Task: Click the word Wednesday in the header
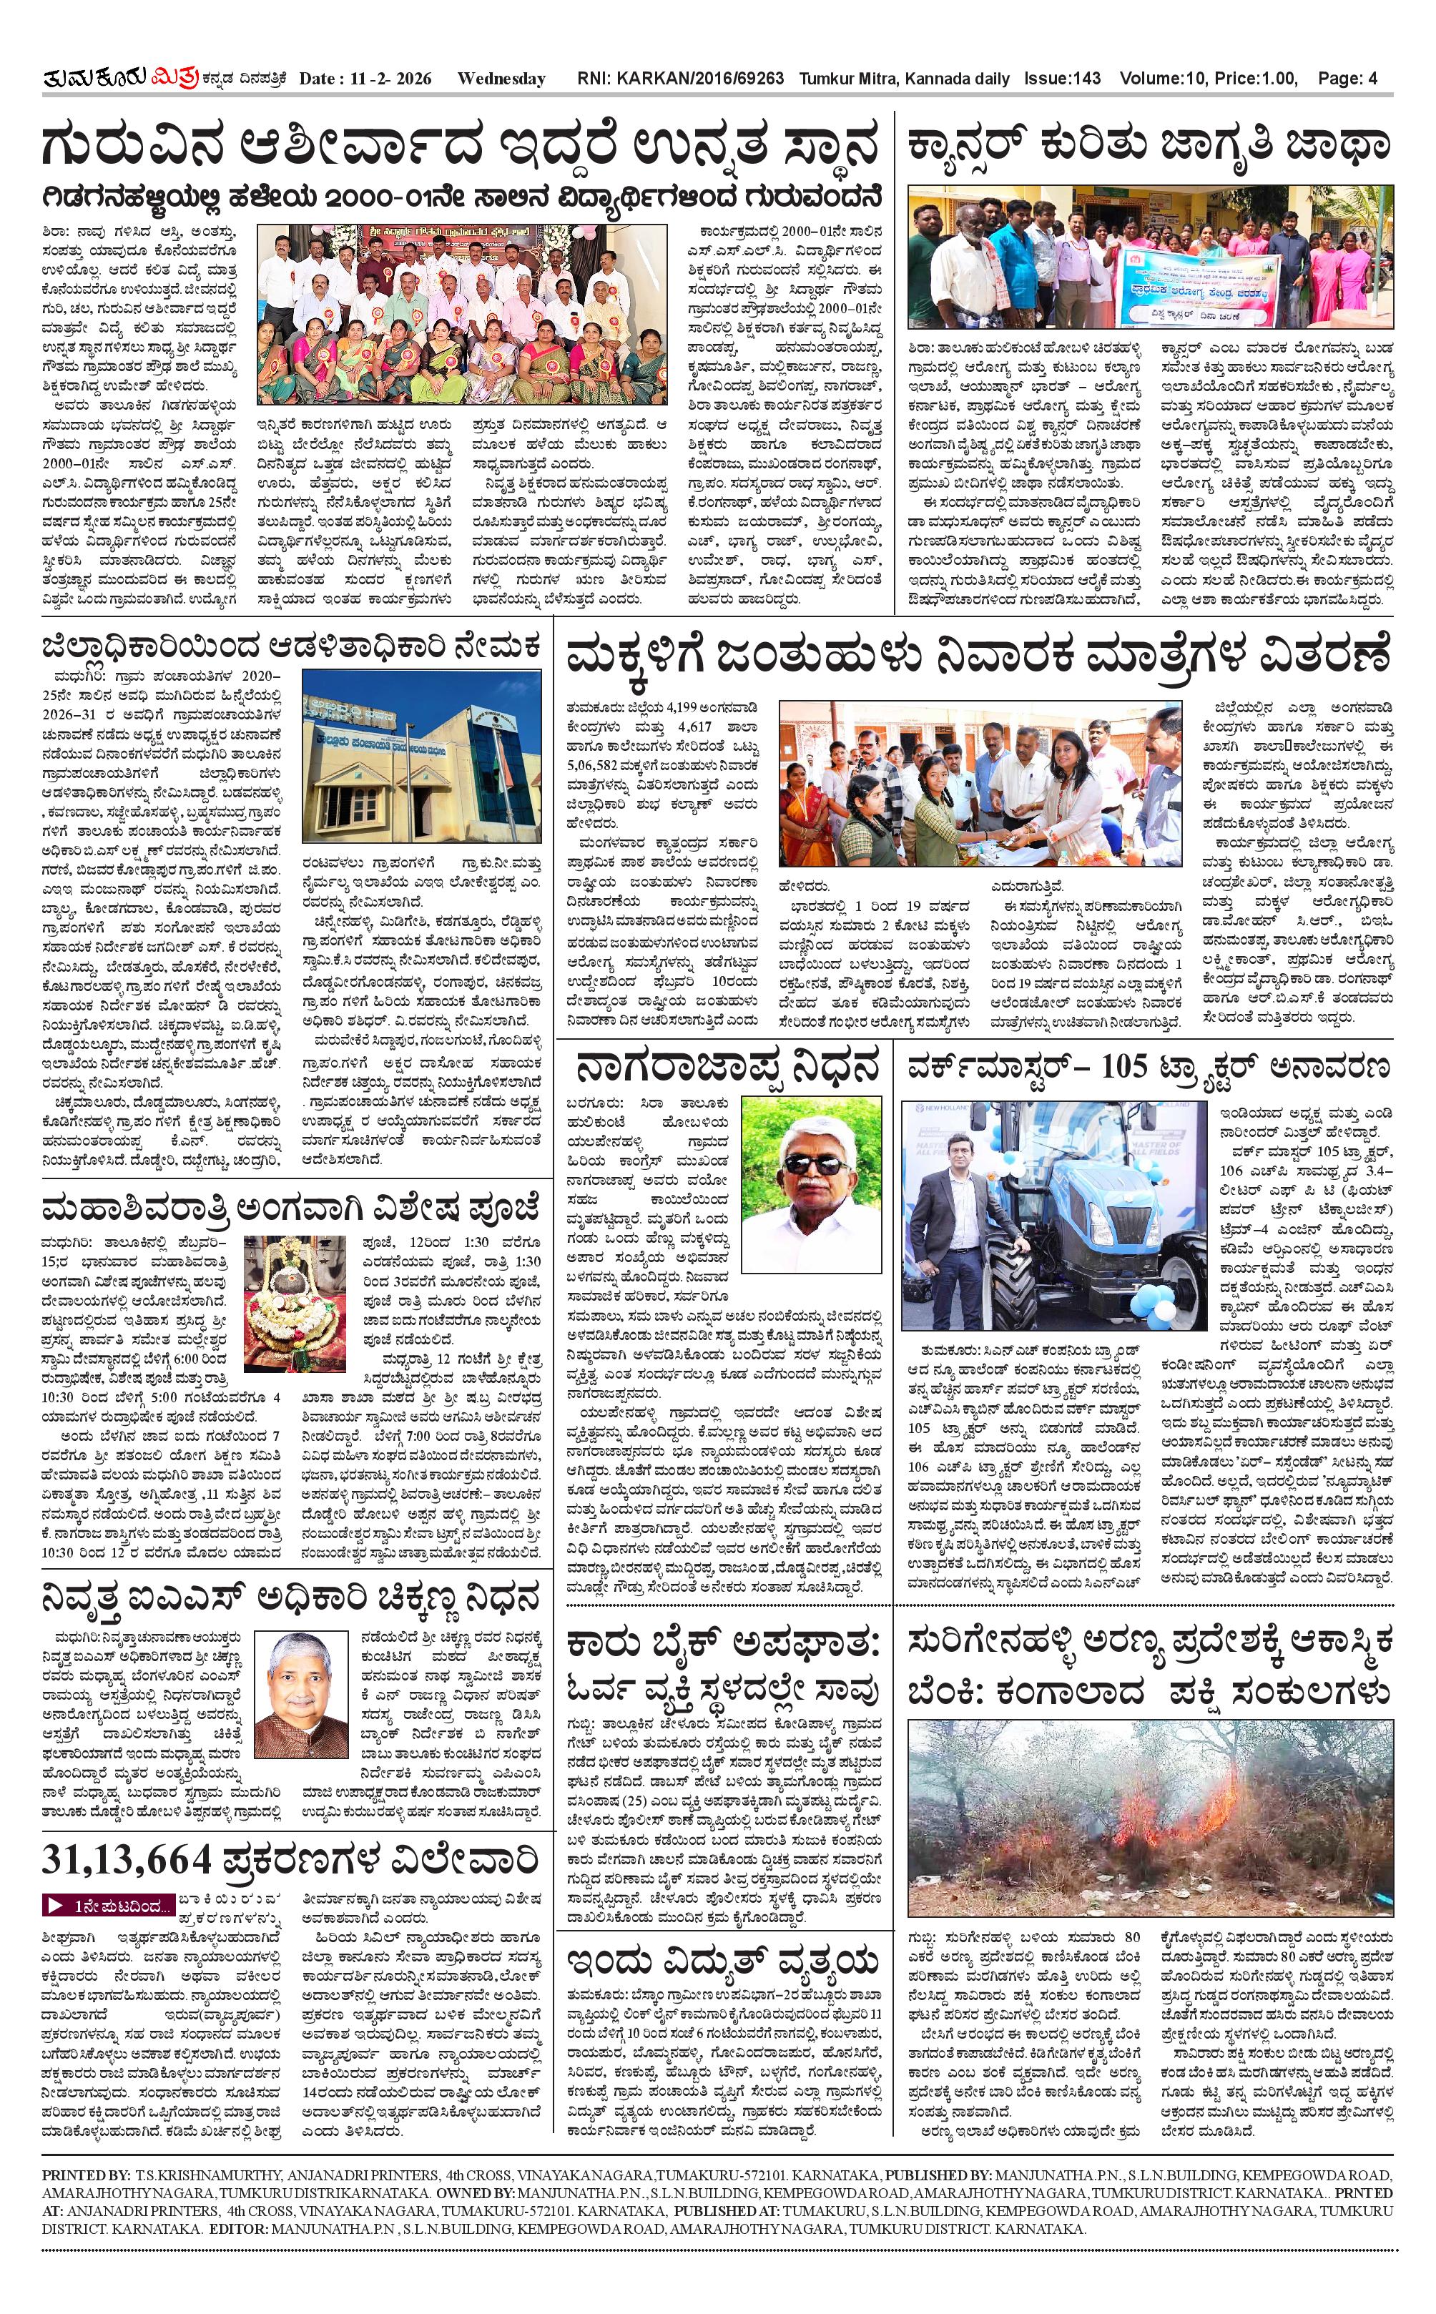point(501,79)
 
